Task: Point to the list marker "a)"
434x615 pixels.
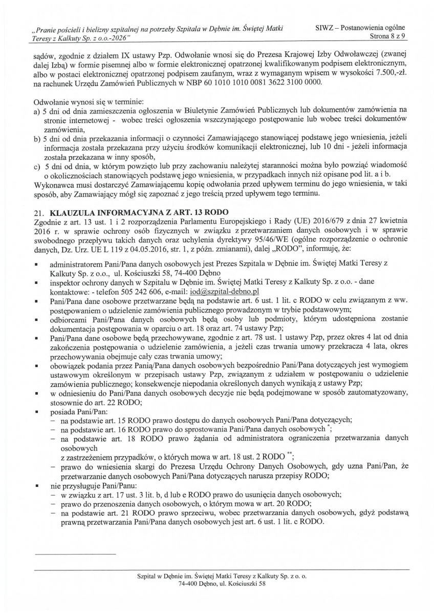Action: tap(36, 110)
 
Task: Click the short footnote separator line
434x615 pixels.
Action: tap(75, 553)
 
